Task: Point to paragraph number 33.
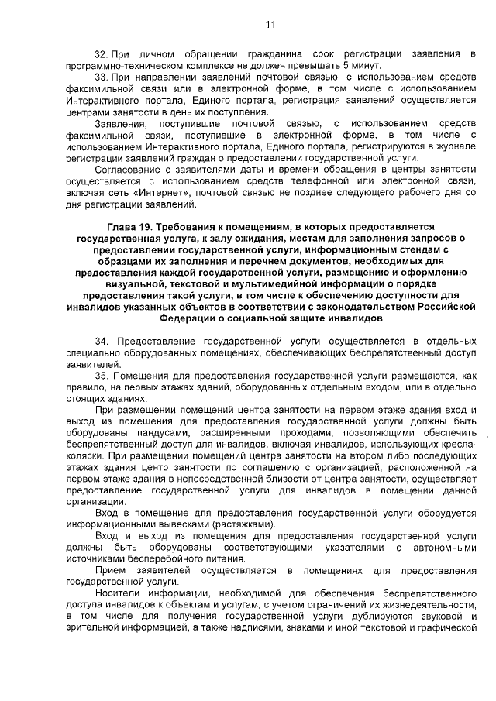pos(100,78)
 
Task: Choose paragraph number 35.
pos(100,375)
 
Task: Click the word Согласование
pos(126,167)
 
